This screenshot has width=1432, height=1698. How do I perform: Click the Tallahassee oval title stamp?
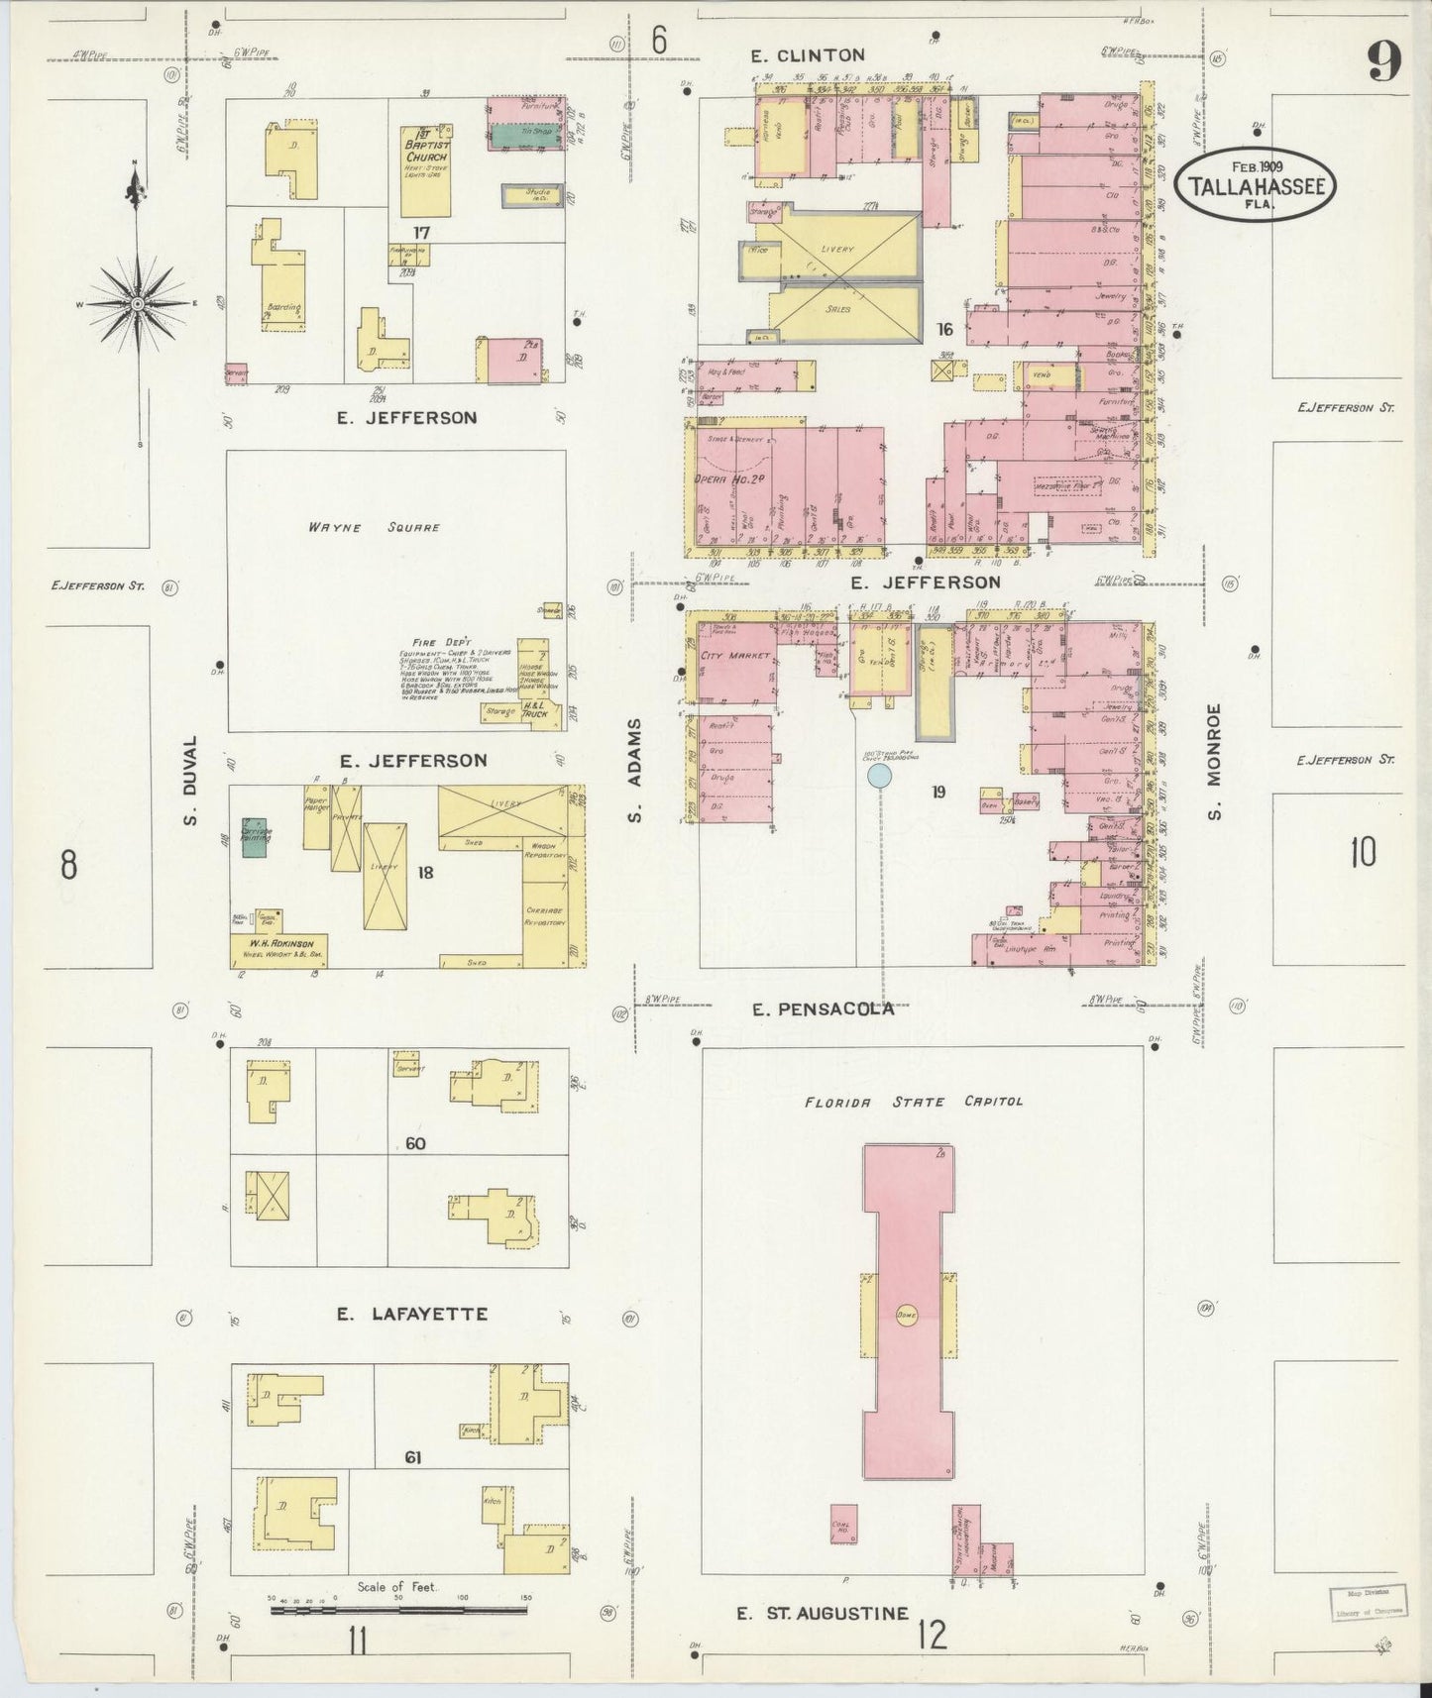(1256, 184)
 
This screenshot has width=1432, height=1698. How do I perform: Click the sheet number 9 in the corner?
(1383, 62)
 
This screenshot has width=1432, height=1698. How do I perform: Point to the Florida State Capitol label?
(913, 1101)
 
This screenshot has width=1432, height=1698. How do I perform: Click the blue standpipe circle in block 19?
(878, 775)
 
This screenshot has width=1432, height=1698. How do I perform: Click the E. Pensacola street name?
(823, 1009)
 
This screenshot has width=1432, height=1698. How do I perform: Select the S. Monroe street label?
(1215, 761)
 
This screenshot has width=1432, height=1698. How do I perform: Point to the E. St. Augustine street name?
(822, 1614)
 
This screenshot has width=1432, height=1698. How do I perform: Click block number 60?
(415, 1144)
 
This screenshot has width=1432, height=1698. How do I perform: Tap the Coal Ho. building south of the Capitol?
(843, 1524)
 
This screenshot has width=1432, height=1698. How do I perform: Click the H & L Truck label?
(535, 708)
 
